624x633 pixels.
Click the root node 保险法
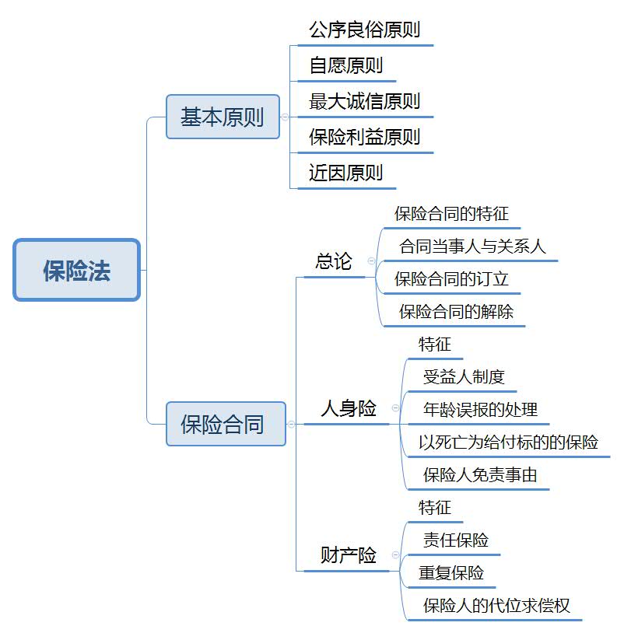(x=77, y=270)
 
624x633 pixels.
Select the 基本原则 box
(x=223, y=117)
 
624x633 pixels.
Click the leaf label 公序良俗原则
(x=364, y=30)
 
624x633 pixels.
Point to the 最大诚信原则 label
(x=364, y=101)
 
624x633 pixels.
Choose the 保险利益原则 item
(x=364, y=137)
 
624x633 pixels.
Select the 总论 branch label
(x=334, y=261)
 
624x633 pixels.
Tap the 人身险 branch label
(x=349, y=408)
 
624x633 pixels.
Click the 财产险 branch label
(x=349, y=555)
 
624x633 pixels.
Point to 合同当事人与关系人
(x=472, y=247)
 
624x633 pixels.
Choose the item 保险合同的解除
(x=456, y=312)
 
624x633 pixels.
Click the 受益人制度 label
(x=464, y=377)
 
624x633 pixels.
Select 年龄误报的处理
(x=480, y=409)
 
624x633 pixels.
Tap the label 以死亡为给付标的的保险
(x=508, y=442)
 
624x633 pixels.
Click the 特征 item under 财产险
(x=435, y=508)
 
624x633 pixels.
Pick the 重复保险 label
(x=451, y=573)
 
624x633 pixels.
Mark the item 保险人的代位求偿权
(x=496, y=605)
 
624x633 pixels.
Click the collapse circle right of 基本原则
(x=284, y=117)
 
